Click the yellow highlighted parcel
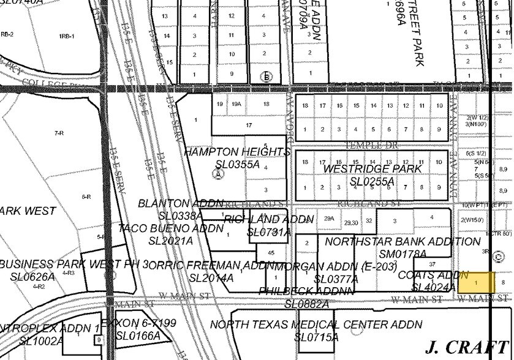point(476,282)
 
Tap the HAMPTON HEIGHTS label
point(236,152)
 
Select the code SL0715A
point(316,337)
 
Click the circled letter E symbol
point(266,77)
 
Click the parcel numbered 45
point(271,253)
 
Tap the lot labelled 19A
point(236,104)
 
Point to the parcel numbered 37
point(432,264)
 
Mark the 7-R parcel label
point(59,133)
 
